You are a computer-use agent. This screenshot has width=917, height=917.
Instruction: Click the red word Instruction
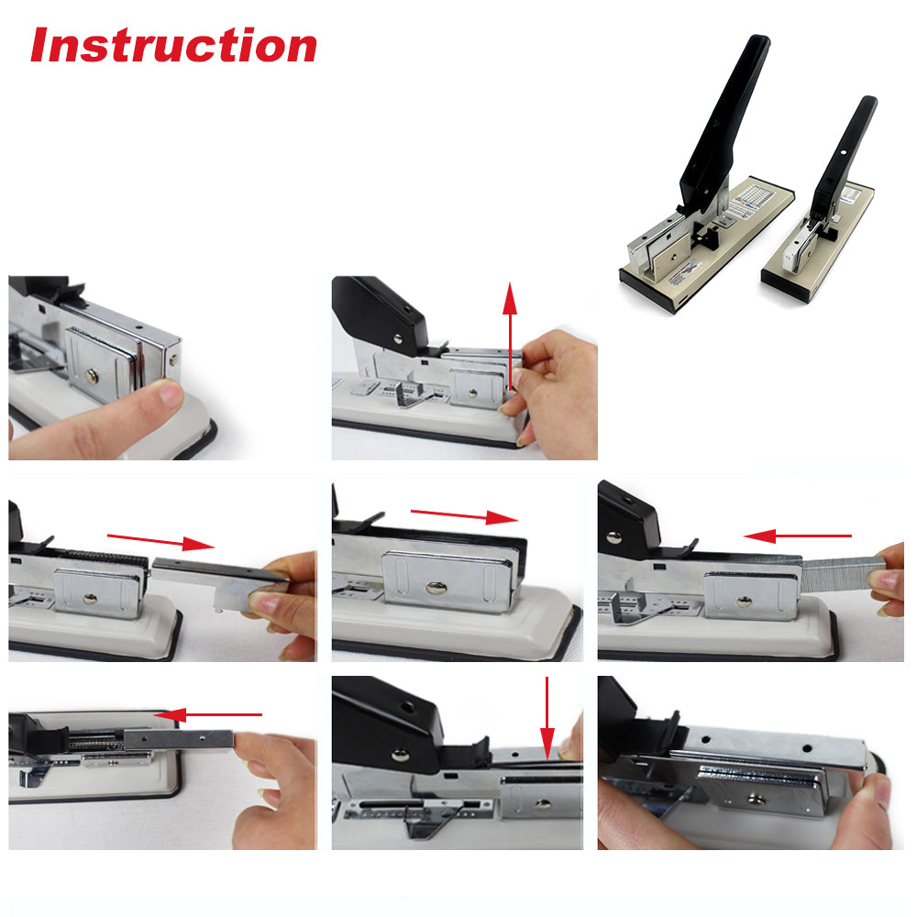pos(173,45)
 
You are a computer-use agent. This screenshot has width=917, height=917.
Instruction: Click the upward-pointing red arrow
pos(510,337)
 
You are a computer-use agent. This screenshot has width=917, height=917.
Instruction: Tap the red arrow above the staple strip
pos(797,536)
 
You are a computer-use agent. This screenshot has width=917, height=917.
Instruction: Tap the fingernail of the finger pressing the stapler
pos(172,395)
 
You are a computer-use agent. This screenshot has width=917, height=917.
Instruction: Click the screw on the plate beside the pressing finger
pos(92,375)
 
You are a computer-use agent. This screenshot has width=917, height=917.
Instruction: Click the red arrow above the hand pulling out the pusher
pos(160,542)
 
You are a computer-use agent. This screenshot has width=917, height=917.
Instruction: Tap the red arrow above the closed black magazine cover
pos(464,515)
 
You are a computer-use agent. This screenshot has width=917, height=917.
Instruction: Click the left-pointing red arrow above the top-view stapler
pos(207,714)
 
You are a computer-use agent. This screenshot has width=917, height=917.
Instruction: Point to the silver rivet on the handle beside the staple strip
pos(614,537)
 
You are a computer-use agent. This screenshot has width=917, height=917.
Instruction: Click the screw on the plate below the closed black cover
pos(436,587)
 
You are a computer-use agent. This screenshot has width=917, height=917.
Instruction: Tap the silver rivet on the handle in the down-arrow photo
pos(400,756)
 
